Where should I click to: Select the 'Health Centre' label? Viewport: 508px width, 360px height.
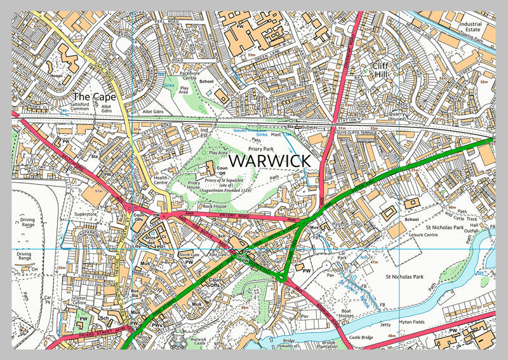pyautogui.click(x=161, y=181)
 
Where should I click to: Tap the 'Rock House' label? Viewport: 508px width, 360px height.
pyautogui.click(x=214, y=206)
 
